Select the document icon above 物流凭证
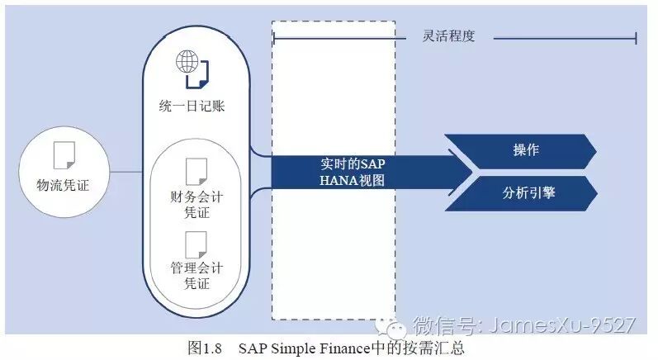(x=63, y=155)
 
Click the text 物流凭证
(x=63, y=185)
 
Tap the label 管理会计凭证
(x=196, y=276)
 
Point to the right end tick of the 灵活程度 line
(x=636, y=37)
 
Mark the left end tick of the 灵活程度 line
(x=273, y=37)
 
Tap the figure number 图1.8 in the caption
(x=201, y=347)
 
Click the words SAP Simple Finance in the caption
(x=296, y=347)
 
